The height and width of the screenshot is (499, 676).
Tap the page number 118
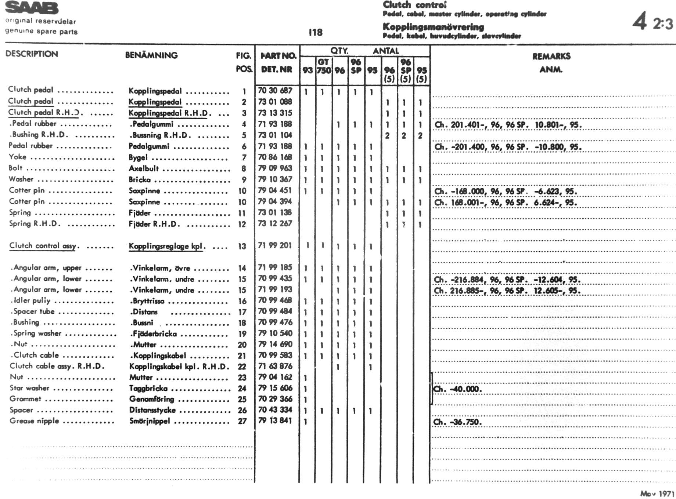coord(316,33)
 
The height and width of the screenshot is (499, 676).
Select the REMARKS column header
coord(551,56)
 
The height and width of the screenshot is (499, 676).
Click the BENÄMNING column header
coord(151,55)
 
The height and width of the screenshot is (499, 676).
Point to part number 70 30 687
coord(275,91)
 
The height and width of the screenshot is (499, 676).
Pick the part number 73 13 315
coord(275,113)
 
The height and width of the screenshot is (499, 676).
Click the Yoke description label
coord(18,157)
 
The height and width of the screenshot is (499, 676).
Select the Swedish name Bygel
coord(138,158)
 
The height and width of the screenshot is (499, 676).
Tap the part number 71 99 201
coord(275,245)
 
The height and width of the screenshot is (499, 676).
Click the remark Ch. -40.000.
coord(457,389)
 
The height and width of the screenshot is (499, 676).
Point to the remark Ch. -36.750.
coord(457,422)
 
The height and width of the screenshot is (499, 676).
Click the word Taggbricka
coord(148,389)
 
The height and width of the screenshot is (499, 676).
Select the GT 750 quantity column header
coord(324,66)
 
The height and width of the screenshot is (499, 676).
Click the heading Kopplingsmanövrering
coord(433,27)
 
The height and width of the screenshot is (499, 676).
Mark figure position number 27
coord(242,422)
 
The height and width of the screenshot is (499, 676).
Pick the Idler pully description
coord(32,301)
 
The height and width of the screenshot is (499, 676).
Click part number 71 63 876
coord(275,366)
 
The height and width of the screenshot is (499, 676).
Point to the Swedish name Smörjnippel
coord(150,421)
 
